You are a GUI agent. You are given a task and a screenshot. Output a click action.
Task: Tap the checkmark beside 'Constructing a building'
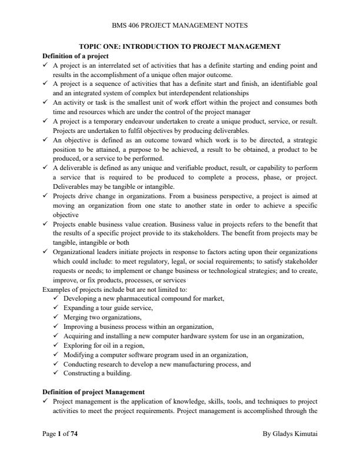[x=55, y=372]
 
